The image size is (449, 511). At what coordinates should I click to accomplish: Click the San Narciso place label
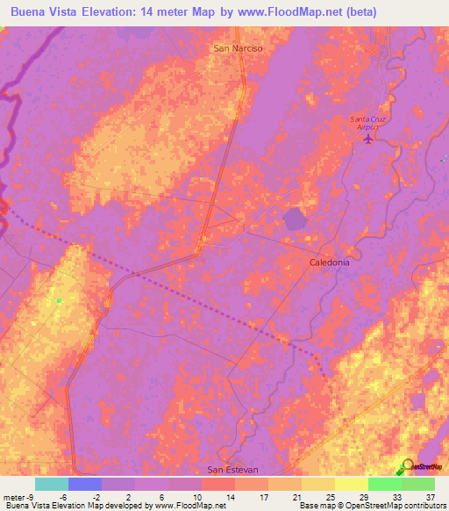pyautogui.click(x=238, y=49)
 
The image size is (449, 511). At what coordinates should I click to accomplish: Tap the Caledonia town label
pyautogui.click(x=330, y=263)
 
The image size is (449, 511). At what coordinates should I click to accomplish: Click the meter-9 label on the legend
pyautogui.click(x=19, y=495)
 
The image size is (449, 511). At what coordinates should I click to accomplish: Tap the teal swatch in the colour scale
pyautogui.click(x=52, y=484)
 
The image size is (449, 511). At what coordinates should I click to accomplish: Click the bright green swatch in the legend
pyautogui.click(x=384, y=484)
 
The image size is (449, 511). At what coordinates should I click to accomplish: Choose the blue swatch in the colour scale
pyautogui.click(x=85, y=484)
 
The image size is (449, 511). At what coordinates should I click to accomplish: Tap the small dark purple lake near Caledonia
pyautogui.click(x=295, y=219)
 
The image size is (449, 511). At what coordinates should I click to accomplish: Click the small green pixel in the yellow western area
pyautogui.click(x=60, y=301)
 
